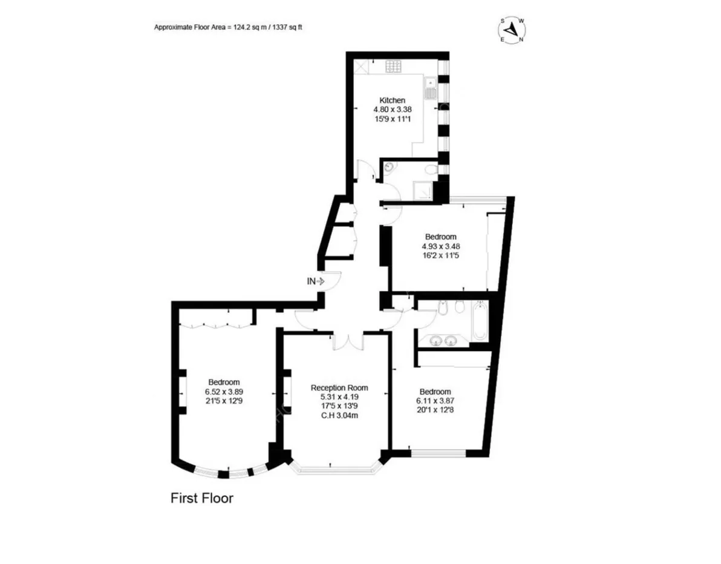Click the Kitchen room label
[392, 100]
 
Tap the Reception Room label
[339, 388]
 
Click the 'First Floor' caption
[202, 498]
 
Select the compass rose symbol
[512, 30]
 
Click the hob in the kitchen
[393, 67]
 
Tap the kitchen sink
[431, 88]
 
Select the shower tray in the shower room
[422, 190]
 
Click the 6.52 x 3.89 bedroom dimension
[224, 392]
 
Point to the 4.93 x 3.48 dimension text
[441, 246]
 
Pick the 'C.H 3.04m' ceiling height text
[339, 415]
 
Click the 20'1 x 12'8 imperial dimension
[435, 410]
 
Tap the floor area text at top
[228, 27]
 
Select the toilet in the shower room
[431, 170]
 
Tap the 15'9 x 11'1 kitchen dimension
[393, 119]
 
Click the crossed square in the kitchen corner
[361, 66]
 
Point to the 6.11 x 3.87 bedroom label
[435, 401]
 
